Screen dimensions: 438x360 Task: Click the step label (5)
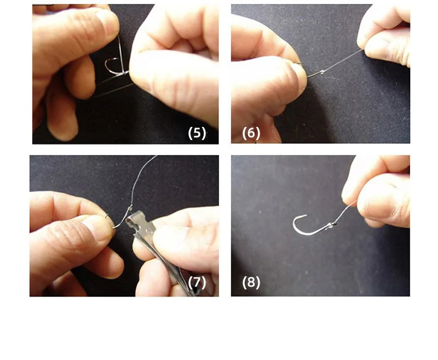197,133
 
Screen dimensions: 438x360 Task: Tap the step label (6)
251,133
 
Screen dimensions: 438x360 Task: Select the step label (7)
197,282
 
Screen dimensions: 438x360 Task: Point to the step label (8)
251,282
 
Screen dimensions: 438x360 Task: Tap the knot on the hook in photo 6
322,72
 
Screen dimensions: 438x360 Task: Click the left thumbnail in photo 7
99,227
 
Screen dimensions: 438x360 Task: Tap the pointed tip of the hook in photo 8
306,215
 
